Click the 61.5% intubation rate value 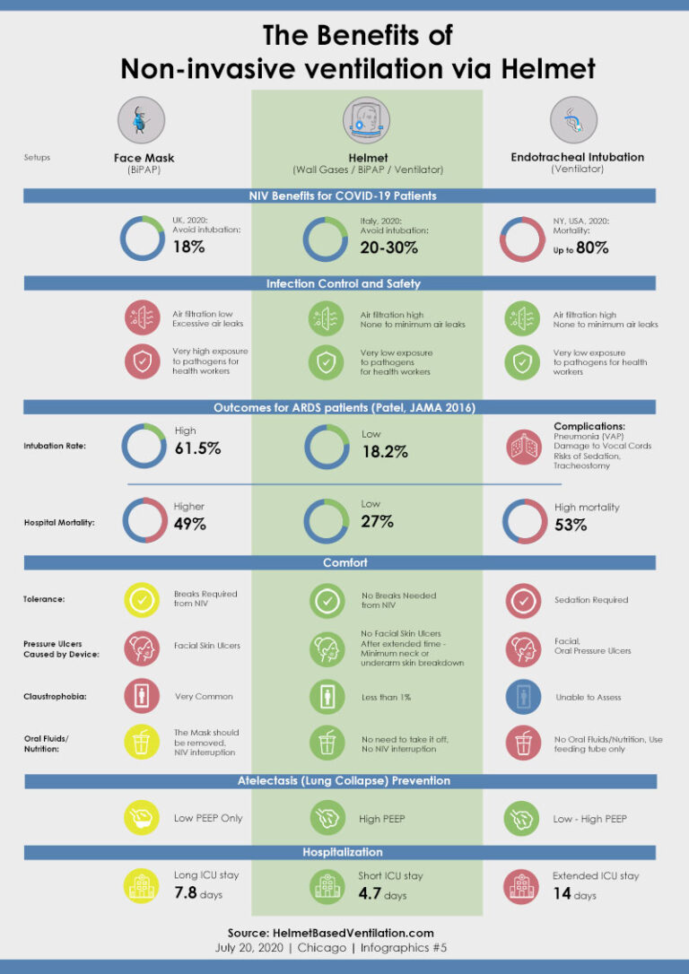coord(196,448)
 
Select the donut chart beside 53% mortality coord(524,521)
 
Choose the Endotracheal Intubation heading coord(577,157)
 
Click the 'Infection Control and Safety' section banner coord(344,283)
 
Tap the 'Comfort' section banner coord(344,563)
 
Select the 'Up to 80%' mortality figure coord(580,248)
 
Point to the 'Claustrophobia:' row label coord(55,696)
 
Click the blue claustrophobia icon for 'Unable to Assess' coord(524,696)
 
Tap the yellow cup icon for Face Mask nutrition coord(144,743)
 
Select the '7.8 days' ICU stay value coord(197,893)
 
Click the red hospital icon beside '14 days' coord(524,886)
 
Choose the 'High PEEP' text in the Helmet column coord(382,819)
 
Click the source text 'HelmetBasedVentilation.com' coord(344,933)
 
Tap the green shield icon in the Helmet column coord(326,361)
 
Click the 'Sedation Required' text coord(590,600)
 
